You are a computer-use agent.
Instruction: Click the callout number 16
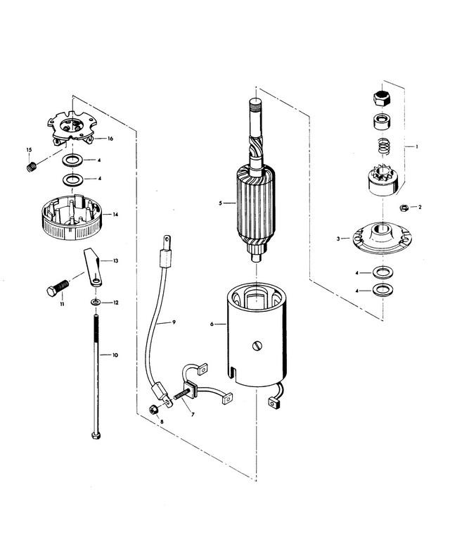110,138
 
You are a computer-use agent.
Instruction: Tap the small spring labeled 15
32,167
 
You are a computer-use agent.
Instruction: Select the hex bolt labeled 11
58,288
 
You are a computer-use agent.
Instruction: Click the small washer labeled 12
95,302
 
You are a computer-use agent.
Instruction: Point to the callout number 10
115,355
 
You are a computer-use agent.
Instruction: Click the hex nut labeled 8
153,410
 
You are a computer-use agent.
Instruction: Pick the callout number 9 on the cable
174,322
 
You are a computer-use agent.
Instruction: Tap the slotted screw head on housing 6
258,346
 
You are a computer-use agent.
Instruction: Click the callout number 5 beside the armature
220,203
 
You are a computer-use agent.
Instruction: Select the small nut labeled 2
403,208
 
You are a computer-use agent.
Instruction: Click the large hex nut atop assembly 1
382,98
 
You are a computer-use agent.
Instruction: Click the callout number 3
338,239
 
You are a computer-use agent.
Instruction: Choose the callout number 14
115,215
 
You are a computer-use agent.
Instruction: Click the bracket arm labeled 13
94,267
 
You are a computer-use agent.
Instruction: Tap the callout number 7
193,415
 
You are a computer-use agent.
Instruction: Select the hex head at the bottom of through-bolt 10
96,435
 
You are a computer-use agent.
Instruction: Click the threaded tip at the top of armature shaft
255,105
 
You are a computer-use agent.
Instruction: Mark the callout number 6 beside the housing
212,324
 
